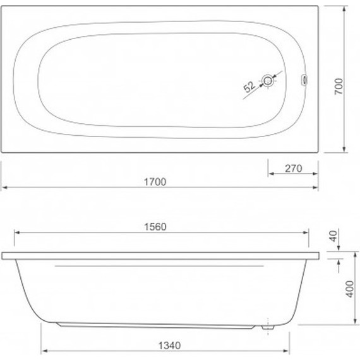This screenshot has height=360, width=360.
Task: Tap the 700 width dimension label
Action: pos(339,87)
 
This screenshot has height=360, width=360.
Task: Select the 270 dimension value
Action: pos(293,168)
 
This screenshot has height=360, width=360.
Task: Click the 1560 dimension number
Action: pos(154,227)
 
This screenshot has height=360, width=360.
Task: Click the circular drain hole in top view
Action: pos(270,80)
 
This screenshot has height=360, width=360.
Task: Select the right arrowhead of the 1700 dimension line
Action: pos(315,188)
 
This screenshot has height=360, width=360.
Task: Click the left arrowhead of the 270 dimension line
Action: pos(270,174)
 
